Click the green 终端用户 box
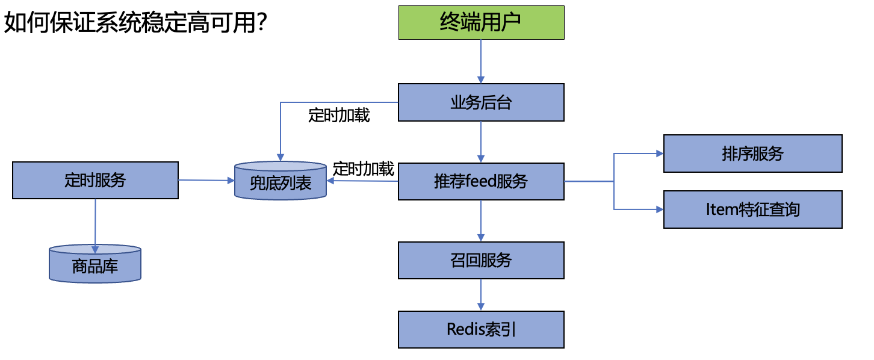coord(481,22)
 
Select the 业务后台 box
coord(481,102)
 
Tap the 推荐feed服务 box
coord(481,181)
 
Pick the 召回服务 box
coord(481,260)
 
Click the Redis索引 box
coord(481,329)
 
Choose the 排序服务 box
coord(752,154)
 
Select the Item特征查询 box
coord(752,209)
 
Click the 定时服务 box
coord(95,180)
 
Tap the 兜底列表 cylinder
coord(280,181)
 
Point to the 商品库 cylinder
coord(95,264)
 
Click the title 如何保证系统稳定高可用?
coord(135,22)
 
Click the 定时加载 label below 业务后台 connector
coord(339,116)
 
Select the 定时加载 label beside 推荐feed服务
coord(363,169)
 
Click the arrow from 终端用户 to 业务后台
coord(481,61)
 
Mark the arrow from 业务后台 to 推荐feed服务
coord(481,142)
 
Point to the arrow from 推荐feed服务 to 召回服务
coord(481,221)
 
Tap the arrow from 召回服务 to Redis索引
coord(481,295)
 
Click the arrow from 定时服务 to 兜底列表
coord(206,180)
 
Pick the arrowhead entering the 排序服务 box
coord(660,154)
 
